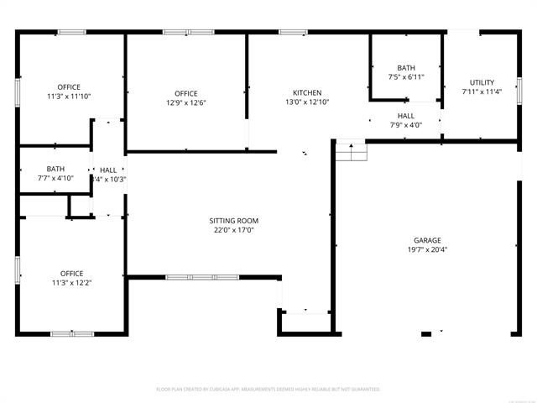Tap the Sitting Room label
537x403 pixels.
click(x=232, y=221)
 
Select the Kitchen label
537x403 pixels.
click(x=306, y=92)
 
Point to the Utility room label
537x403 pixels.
click(x=482, y=82)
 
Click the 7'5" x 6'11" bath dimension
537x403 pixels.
click(x=406, y=77)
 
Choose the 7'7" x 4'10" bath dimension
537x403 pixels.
click(x=55, y=178)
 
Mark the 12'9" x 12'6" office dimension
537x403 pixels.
click(x=185, y=102)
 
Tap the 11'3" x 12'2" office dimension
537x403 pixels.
click(x=71, y=283)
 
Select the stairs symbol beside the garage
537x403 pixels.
click(x=352, y=152)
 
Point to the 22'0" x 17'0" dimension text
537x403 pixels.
click(x=232, y=230)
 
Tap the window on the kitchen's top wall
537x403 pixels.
click(x=292, y=33)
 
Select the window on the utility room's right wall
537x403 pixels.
click(x=519, y=90)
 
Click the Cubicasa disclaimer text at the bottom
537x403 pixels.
click(x=268, y=390)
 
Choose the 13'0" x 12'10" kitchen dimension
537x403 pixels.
click(x=306, y=102)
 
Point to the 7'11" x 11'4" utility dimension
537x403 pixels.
click(x=482, y=92)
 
